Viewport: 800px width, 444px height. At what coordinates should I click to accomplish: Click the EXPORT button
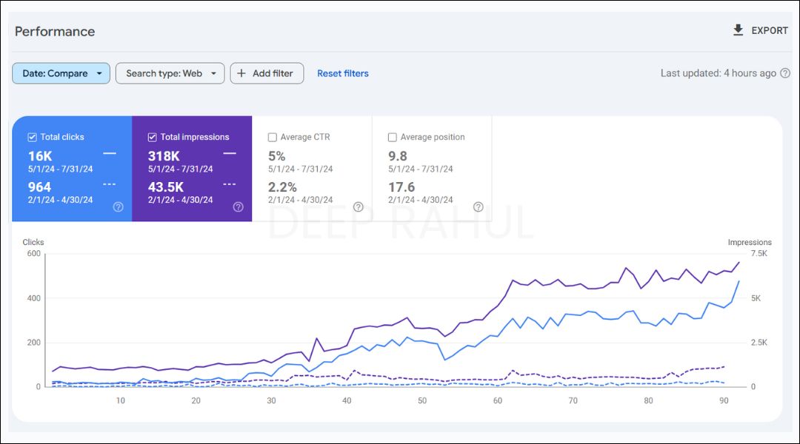pos(760,30)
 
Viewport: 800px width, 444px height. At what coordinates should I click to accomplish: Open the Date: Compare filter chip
pos(61,73)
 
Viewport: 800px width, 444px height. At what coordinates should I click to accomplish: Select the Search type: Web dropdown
pos(170,73)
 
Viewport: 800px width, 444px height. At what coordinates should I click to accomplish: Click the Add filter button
pos(267,73)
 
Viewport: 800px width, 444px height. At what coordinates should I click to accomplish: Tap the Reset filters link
pos(343,73)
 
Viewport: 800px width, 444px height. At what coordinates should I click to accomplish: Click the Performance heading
pos(55,31)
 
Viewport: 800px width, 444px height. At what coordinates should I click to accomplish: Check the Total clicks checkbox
pos(32,137)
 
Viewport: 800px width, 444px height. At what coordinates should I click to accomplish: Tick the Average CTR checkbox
pos(273,137)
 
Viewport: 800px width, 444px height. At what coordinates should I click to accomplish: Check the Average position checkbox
pos(393,137)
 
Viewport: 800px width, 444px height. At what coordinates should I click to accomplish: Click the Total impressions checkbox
pos(153,137)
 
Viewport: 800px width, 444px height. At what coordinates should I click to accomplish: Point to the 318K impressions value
pos(164,156)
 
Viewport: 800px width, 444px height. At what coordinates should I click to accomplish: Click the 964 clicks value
pos(39,187)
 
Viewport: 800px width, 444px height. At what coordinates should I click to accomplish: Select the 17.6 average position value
pos(401,187)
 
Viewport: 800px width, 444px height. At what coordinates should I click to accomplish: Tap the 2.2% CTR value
pos(282,187)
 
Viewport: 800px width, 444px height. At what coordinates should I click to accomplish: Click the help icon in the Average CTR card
pos(359,207)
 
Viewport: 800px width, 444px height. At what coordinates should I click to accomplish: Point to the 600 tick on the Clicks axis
pos(33,254)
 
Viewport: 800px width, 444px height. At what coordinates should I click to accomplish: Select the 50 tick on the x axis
pos(422,400)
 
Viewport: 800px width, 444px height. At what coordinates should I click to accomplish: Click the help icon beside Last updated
pos(786,73)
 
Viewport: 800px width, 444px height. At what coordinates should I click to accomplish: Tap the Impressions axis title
pos(750,242)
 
